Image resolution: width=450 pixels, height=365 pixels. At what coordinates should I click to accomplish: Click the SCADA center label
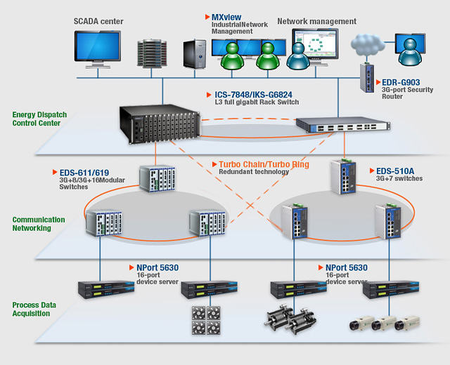(98, 21)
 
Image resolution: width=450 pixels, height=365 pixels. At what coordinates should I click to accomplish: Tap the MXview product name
(226, 16)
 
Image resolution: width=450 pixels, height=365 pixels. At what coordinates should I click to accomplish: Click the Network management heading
(317, 21)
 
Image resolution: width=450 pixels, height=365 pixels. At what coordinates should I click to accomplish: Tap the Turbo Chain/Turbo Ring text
(264, 164)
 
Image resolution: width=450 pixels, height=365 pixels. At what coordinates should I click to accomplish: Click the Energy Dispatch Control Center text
(39, 119)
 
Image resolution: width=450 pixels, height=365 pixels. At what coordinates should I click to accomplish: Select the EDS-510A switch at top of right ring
(345, 177)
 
